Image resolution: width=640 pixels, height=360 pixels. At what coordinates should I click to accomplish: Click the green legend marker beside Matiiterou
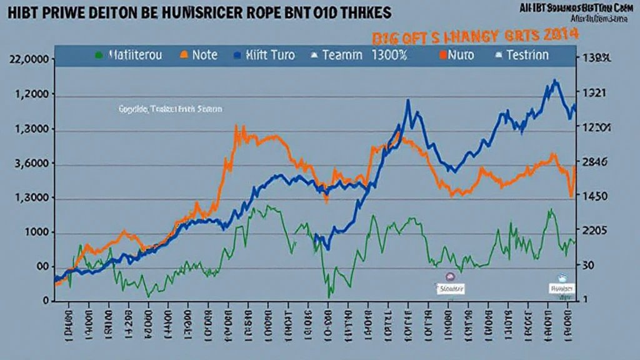click(99, 55)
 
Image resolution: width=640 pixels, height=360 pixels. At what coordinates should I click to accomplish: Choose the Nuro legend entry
click(461, 55)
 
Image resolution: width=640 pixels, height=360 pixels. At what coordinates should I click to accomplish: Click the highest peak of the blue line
click(554, 81)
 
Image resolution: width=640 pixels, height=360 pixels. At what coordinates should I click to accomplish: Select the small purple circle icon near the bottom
click(449, 276)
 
